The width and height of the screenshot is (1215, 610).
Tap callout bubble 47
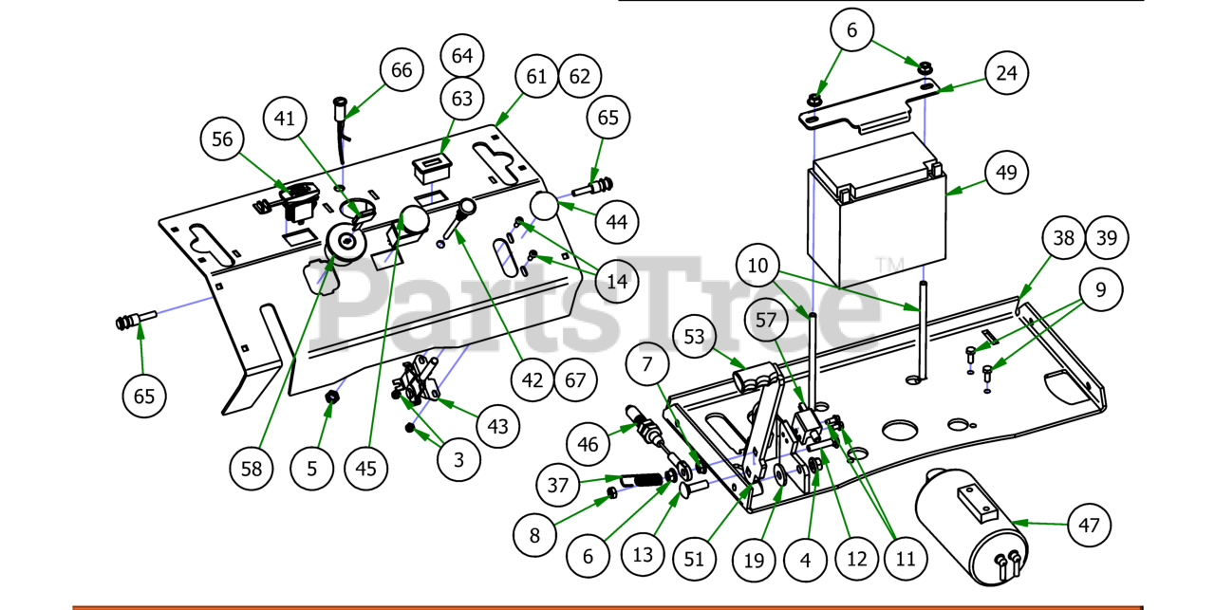coord(1089,524)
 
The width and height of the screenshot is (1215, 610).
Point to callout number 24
coord(1007,72)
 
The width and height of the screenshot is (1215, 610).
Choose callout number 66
coord(402,70)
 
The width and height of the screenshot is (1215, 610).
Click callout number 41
coord(286,119)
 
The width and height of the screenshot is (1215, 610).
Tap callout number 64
coord(462,56)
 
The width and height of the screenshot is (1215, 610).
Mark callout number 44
coord(617,221)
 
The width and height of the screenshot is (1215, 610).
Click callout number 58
coord(252,468)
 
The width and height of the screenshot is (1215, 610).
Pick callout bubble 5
coord(312,468)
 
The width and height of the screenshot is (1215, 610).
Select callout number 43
coord(498,426)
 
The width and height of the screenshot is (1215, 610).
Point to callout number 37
coord(557,486)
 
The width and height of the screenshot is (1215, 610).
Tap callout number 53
coord(696,336)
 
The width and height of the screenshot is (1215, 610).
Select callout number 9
coord(1101,289)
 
